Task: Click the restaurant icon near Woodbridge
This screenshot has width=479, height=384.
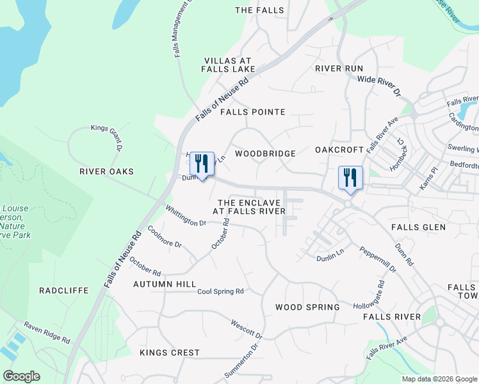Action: (202, 164)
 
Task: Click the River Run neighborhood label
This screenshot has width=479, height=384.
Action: (339, 68)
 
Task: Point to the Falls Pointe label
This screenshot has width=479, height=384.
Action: (252, 112)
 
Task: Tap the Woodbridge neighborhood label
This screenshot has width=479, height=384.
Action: (265, 154)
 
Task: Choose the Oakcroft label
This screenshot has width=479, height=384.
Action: (339, 150)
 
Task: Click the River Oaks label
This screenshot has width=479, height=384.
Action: (106, 172)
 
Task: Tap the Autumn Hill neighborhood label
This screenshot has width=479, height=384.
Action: (165, 284)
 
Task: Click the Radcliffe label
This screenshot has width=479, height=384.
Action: (63, 291)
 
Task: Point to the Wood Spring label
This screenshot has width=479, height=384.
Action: (307, 307)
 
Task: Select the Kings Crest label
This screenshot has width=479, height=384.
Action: (170, 353)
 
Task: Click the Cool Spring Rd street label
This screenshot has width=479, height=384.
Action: (220, 291)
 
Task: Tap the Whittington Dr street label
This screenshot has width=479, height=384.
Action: (185, 215)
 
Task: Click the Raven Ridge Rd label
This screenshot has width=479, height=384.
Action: (47, 333)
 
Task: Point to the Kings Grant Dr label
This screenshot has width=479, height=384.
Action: (107, 137)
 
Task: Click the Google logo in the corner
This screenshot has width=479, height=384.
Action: (21, 376)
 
